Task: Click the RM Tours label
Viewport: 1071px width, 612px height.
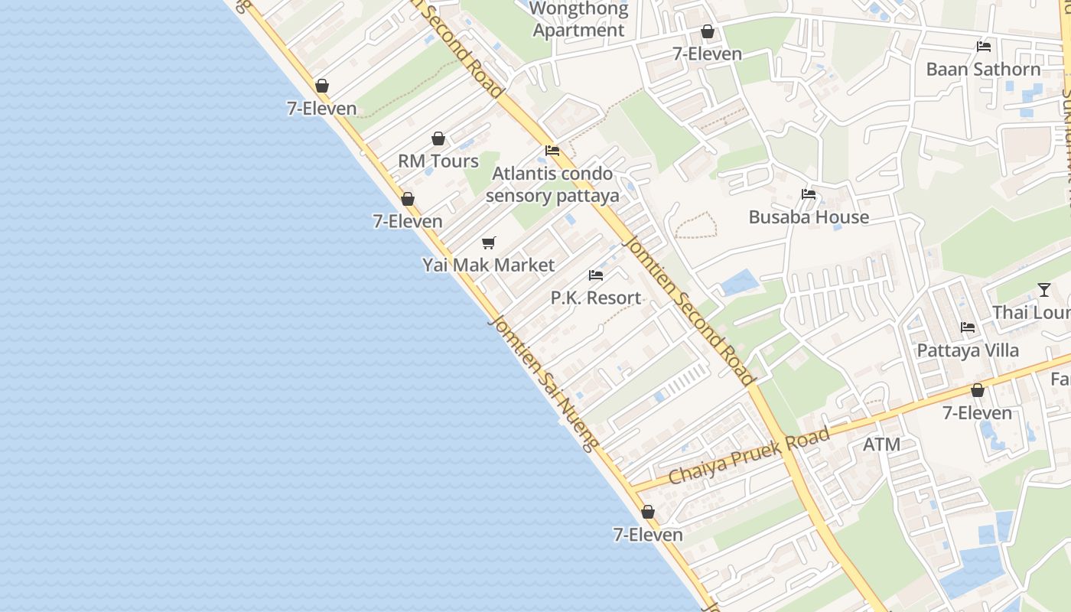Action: [438, 161]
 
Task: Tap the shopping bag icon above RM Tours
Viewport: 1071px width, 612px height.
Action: [438, 138]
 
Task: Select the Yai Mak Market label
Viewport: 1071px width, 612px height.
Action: [488, 265]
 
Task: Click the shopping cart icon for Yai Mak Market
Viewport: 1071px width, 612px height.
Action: [488, 243]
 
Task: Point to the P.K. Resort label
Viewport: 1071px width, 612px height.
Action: [596, 298]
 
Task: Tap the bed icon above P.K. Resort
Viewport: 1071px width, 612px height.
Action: [596, 275]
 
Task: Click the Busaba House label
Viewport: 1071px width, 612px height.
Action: [809, 217]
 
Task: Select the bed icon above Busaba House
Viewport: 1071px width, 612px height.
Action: [809, 194]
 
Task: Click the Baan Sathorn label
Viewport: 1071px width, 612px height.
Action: [983, 70]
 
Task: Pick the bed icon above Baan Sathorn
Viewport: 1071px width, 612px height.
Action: [984, 47]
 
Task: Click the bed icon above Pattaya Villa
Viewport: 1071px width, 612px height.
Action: [968, 327]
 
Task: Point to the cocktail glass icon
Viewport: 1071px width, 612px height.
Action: [1044, 290]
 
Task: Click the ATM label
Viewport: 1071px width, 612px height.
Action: [881, 444]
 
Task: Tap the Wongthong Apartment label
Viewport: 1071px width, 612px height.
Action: [579, 20]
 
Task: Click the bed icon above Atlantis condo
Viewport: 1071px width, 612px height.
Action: [552, 151]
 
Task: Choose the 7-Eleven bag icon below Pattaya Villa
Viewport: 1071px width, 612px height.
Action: [977, 391]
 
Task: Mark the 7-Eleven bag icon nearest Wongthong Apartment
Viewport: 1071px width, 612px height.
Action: [708, 31]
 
